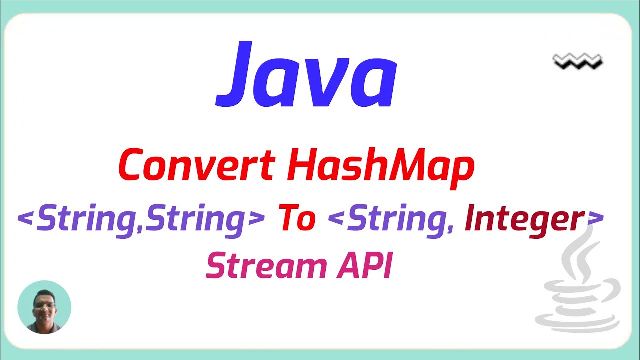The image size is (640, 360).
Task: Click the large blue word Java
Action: [306, 76]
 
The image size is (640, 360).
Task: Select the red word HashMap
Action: [380, 166]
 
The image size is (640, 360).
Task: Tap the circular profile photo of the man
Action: [44, 307]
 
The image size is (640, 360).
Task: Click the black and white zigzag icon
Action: [578, 62]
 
